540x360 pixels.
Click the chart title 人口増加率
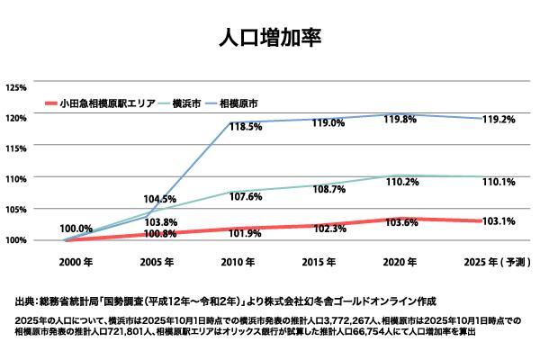click(270, 39)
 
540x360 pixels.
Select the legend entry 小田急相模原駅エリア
click(107, 104)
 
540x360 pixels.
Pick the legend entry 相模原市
click(240, 104)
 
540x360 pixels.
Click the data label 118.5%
click(246, 128)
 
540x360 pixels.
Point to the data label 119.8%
click(402, 120)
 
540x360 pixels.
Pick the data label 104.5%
click(159, 199)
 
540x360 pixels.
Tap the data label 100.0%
click(76, 229)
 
